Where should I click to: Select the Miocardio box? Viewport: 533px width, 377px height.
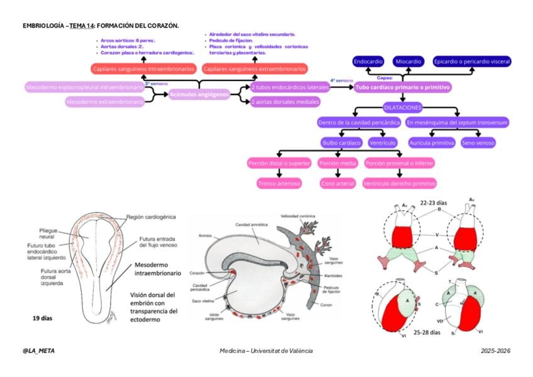point(408,62)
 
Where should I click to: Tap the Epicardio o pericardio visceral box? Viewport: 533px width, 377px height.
point(472,62)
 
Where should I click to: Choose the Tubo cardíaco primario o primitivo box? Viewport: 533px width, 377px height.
point(403,87)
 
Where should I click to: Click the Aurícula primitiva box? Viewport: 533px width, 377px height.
point(432,143)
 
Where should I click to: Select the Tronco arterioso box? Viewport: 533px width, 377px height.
point(279,184)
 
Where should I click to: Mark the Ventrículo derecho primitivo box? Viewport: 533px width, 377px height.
point(400,184)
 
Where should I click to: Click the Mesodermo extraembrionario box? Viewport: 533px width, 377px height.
point(104,101)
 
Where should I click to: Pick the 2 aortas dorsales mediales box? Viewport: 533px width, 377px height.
point(285,101)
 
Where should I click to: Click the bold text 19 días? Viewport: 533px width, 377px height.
point(42,318)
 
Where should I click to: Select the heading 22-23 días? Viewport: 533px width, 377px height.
point(433,203)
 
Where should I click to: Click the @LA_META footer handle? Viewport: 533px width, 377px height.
point(38,350)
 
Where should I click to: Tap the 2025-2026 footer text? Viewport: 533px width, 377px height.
point(495,350)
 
